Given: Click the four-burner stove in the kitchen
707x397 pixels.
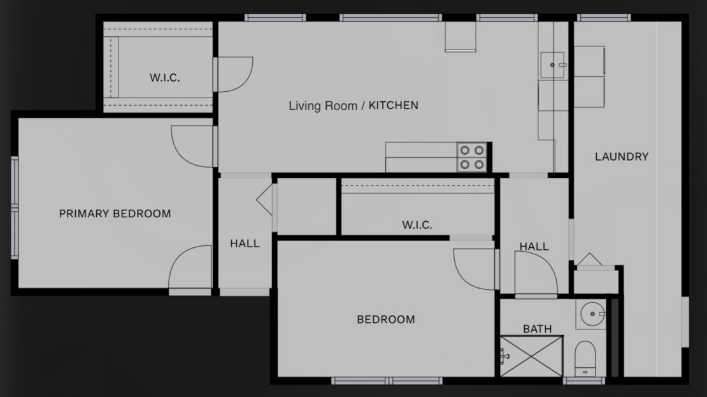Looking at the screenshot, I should coord(471,157).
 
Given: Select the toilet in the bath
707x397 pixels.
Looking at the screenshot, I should coord(583,359).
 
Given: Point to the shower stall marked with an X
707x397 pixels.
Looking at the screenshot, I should coord(531,357).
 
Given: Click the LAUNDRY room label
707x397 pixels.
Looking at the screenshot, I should coord(621,156).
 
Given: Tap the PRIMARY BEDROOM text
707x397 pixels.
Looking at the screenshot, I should coord(115,213).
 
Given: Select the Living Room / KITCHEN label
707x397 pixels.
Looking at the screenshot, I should coord(353,105).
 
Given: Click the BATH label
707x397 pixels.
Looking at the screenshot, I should coord(537,329).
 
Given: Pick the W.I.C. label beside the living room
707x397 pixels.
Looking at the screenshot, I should coord(164,78).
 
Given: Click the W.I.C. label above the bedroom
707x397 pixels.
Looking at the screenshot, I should coord(417,224).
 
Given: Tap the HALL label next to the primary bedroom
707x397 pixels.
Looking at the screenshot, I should coord(245,243).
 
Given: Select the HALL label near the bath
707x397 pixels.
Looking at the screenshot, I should coord(534,247).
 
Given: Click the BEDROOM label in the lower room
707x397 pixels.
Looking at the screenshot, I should coord(385,319).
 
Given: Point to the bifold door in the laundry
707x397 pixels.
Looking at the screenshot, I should coord(589,260).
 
